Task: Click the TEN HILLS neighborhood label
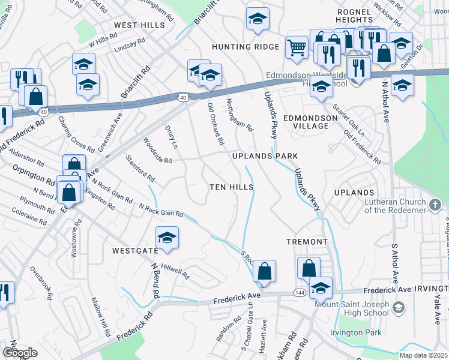click(x=231, y=187)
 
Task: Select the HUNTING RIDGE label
click(x=246, y=47)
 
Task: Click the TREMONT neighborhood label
click(x=307, y=242)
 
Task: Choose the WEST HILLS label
click(x=139, y=25)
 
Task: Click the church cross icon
click(x=435, y=205)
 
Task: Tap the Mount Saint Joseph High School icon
click(x=397, y=308)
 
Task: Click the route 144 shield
click(x=299, y=292)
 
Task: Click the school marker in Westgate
click(x=167, y=237)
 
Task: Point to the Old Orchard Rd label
click(x=215, y=124)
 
